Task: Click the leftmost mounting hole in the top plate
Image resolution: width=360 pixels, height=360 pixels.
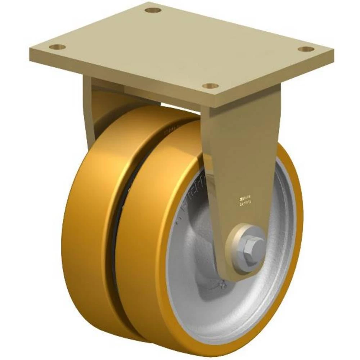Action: click(57, 47)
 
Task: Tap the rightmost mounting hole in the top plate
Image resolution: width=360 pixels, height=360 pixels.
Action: click(306, 49)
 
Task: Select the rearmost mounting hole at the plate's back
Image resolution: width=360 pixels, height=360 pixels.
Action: click(153, 10)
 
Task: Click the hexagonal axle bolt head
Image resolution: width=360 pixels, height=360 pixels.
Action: click(248, 246)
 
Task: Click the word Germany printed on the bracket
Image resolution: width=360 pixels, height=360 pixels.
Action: click(246, 203)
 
